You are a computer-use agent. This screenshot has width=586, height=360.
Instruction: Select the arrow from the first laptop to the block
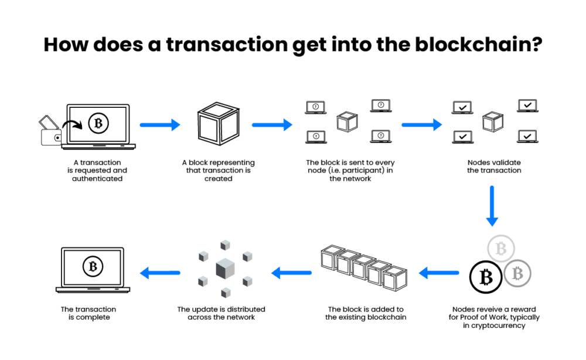pyautogui.click(x=159, y=124)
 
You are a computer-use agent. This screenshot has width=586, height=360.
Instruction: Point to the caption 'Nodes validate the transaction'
pyautogui.click(x=493, y=167)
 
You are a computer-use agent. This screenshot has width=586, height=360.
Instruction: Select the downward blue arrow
pyautogui.click(x=492, y=206)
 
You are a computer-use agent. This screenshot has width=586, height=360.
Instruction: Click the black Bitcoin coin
pyautogui.click(x=485, y=276)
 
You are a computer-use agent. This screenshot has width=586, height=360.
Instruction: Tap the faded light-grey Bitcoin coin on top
pyautogui.click(x=500, y=250)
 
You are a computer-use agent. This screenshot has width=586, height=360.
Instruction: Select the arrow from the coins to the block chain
pyautogui.click(x=439, y=272)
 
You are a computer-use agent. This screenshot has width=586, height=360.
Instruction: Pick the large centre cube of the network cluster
pyautogui.click(x=225, y=270)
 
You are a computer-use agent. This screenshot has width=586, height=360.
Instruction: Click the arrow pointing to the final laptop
pyautogui.click(x=160, y=272)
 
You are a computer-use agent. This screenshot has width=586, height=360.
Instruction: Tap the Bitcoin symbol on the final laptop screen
pyautogui.click(x=93, y=267)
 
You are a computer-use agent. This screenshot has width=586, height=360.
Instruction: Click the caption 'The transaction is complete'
pyautogui.click(x=88, y=313)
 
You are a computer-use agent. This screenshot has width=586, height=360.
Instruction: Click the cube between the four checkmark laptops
pyautogui.click(x=492, y=122)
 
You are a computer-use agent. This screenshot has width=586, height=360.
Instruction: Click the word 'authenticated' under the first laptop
pyautogui.click(x=97, y=178)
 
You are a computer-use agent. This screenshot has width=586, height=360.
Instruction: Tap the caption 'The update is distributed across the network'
pyautogui.click(x=221, y=313)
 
